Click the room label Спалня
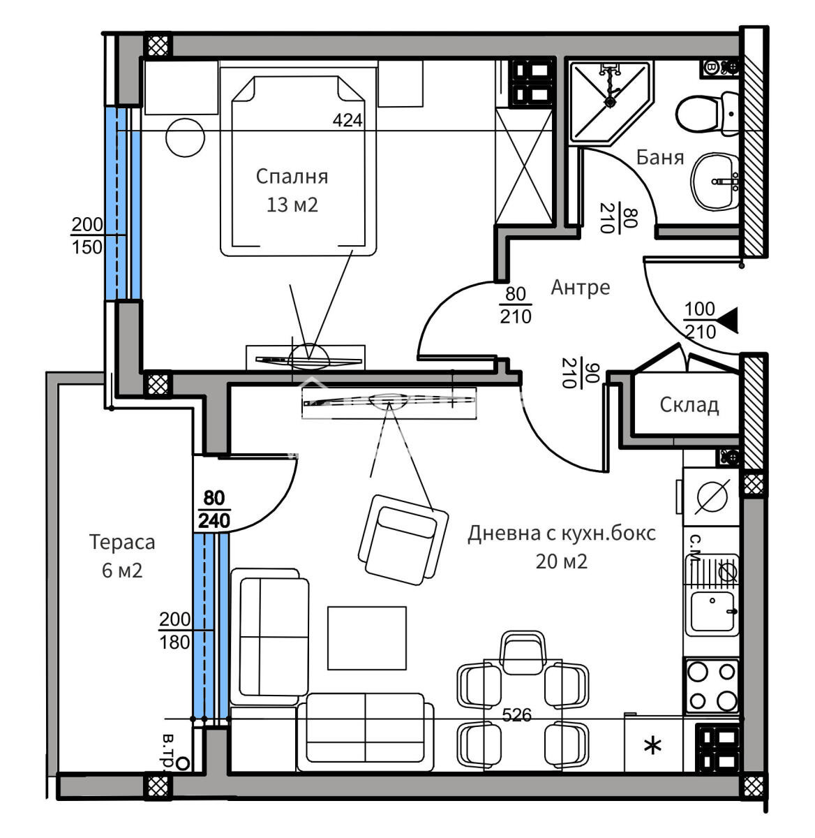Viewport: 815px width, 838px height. (x=292, y=177)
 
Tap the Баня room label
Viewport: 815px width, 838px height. (x=659, y=158)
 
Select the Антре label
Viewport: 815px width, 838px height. (x=580, y=287)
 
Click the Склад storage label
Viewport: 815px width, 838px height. (x=689, y=404)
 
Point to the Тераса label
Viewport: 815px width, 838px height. (x=122, y=542)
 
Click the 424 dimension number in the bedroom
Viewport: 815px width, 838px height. (x=347, y=120)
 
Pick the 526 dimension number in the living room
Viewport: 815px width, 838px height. (x=517, y=715)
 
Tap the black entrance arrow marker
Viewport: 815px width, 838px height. (x=728, y=321)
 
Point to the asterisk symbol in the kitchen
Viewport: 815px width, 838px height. (x=653, y=747)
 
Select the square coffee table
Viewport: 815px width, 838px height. (x=367, y=638)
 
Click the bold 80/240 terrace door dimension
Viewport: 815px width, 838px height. (x=214, y=510)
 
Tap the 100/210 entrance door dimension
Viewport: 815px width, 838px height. (x=700, y=321)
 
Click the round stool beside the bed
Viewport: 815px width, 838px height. (x=186, y=138)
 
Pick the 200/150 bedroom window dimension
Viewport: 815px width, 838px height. (x=87, y=235)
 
